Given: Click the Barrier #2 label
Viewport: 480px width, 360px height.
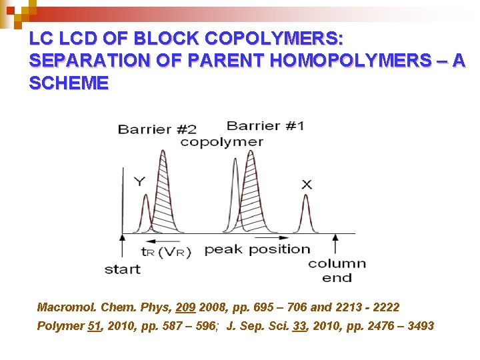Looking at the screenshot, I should [157, 129].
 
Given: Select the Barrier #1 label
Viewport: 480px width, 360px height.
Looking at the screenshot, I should [265, 125].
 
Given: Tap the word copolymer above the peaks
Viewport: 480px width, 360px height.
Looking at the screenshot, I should [221, 141].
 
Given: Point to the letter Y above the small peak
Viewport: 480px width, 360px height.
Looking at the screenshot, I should [139, 181].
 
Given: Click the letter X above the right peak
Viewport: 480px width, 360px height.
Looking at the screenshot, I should [306, 184].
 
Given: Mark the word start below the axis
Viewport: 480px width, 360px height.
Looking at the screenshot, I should [123, 269].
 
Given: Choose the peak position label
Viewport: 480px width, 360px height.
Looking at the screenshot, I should [257, 249].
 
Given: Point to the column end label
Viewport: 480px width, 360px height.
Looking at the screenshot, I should [337, 270].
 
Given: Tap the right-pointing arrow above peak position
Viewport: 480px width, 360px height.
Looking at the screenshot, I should [263, 237].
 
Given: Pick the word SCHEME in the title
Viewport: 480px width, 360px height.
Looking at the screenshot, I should [69, 83].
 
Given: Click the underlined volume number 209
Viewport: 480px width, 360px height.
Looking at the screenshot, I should [185, 307].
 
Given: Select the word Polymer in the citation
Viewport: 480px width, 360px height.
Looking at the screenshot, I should [61, 326].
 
